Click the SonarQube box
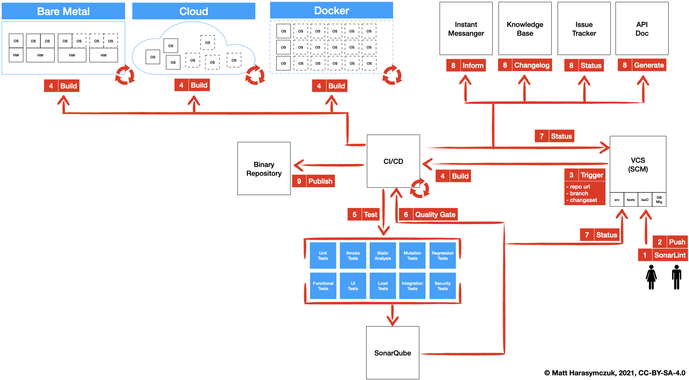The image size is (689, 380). pos(392,353)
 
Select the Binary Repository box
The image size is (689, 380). pos(264,169)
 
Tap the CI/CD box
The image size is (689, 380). pos(393,161)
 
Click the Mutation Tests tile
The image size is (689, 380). pos(412,256)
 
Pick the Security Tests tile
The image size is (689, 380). pos(442,286)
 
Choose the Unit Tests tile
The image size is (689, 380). pos(323,256)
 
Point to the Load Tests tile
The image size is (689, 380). pos(382,286)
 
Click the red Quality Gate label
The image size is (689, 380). pos(428,214)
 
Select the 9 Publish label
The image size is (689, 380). pos(313,181)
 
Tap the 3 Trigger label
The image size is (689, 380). pos(585,175)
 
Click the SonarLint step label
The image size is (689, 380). pos(663,255)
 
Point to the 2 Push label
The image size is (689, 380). pos(670,242)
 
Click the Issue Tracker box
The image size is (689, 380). pos(584,29)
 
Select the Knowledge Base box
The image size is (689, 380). pos(525,29)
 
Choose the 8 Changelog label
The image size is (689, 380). pos(525,65)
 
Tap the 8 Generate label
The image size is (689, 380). pos(642,65)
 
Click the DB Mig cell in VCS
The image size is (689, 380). pos(659,199)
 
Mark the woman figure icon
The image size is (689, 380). pos(651,277)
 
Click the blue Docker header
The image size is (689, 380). pos(331,11)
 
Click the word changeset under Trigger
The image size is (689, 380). pos(583,200)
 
